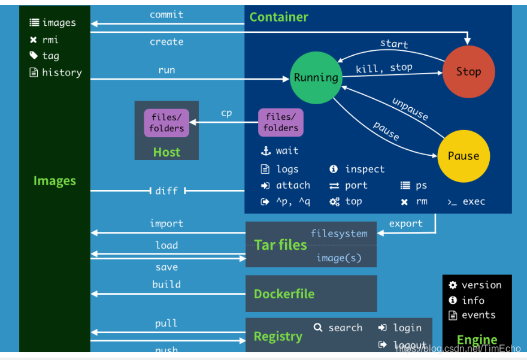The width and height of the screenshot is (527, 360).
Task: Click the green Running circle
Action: [x=316, y=77]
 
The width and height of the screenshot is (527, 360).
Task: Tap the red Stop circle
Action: [x=468, y=72]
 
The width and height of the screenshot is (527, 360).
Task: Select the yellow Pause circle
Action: [x=463, y=156]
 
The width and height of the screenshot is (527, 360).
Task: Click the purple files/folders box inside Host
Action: [x=166, y=122]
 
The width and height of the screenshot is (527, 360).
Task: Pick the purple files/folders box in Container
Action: [x=281, y=122]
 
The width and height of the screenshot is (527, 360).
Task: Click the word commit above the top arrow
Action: [x=166, y=14]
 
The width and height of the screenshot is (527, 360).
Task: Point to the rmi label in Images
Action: [x=50, y=40]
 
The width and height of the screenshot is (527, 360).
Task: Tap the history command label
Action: [x=62, y=72]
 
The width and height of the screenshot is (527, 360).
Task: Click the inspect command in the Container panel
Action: [x=365, y=169]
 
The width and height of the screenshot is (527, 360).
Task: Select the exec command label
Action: [x=474, y=201]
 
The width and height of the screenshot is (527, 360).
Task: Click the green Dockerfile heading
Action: [x=284, y=294]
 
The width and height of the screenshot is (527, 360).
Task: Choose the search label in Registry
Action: [x=345, y=328]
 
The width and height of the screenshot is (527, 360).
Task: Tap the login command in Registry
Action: [x=407, y=328]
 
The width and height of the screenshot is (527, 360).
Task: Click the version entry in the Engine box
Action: [x=481, y=285]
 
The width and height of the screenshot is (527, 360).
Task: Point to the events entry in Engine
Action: [x=478, y=315]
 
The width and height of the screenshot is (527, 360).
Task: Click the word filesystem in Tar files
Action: [x=339, y=233]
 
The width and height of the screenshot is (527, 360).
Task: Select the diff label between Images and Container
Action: [x=166, y=190]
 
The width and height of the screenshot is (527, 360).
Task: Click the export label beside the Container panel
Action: [x=405, y=223]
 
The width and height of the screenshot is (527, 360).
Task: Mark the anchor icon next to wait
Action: [x=266, y=151]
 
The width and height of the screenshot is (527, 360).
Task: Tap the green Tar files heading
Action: [x=280, y=244]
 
